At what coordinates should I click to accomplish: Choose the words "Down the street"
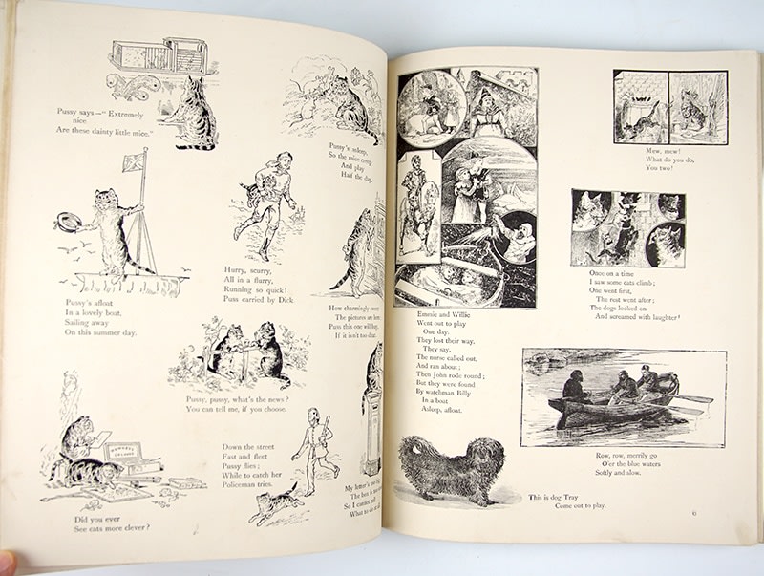[x=250, y=447]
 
